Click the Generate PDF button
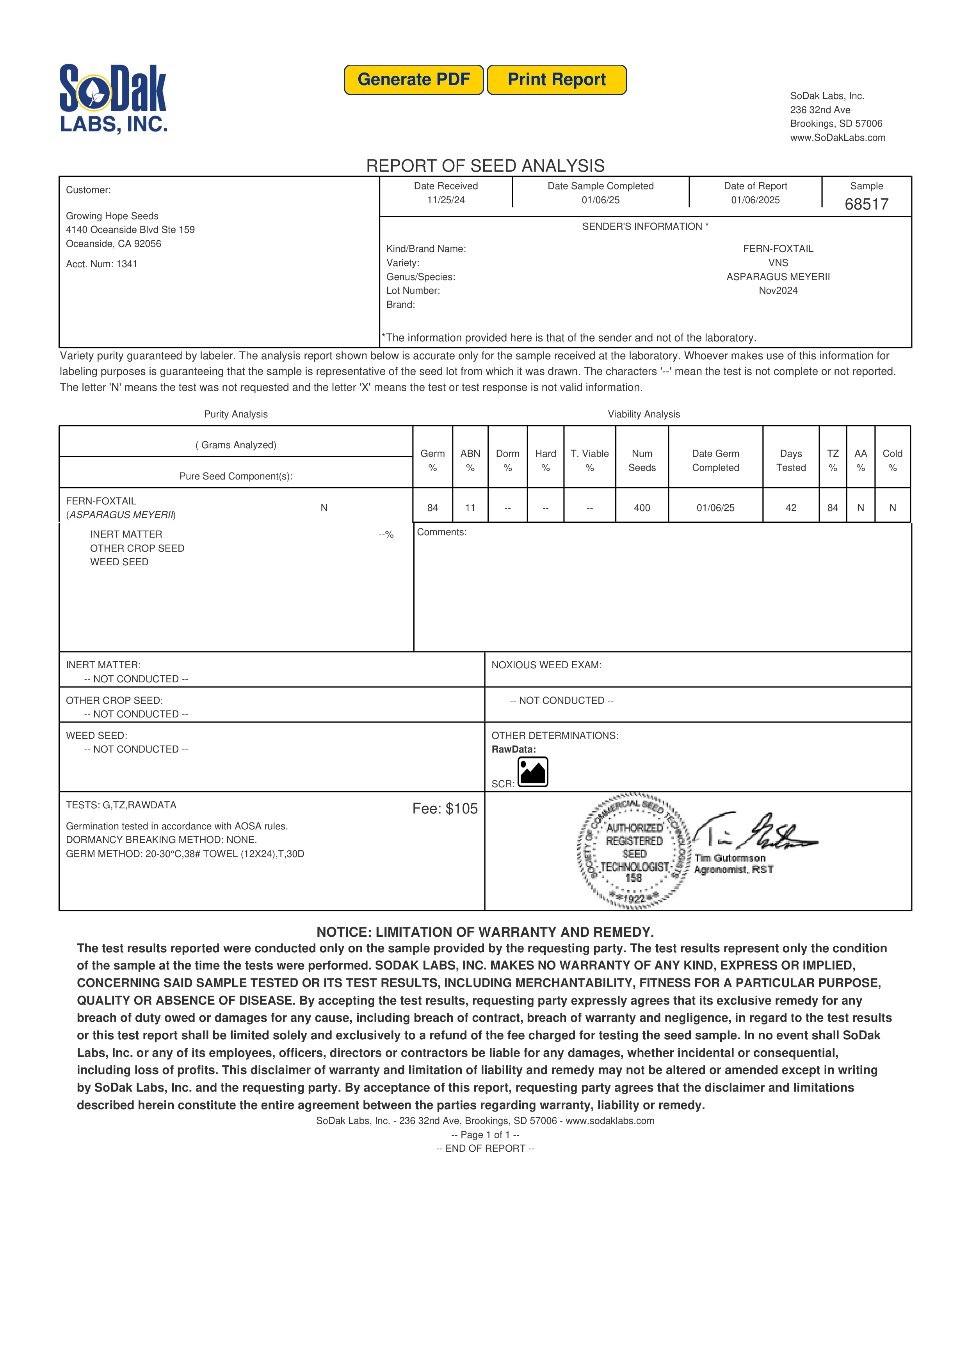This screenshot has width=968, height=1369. click(413, 80)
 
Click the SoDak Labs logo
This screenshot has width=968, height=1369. click(113, 98)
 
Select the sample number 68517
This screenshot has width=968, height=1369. click(866, 204)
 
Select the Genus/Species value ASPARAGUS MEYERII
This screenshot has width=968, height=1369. click(778, 277)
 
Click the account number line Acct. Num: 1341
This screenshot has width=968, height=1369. click(101, 264)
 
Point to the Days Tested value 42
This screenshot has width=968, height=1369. click(791, 508)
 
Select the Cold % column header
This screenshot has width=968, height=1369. click(892, 460)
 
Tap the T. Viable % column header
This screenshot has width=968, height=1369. click(589, 460)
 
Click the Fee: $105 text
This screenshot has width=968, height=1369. click(445, 809)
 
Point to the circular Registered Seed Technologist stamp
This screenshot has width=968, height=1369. click(634, 851)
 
